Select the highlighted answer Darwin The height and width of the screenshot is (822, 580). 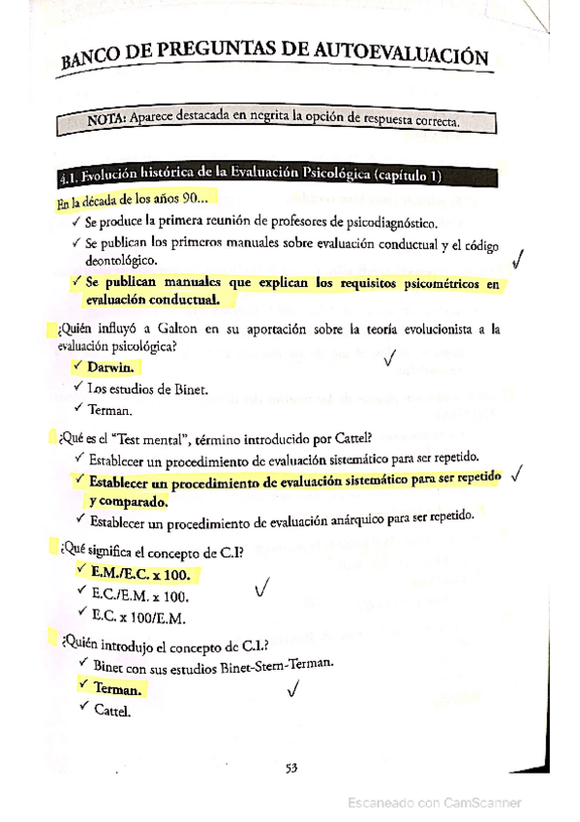click(x=110, y=368)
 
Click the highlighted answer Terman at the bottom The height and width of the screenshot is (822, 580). click(x=117, y=689)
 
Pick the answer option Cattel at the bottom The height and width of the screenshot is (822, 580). click(x=110, y=710)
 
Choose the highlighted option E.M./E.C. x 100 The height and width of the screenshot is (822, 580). click(x=139, y=574)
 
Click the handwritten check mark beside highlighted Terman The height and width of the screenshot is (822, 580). click(x=293, y=689)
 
